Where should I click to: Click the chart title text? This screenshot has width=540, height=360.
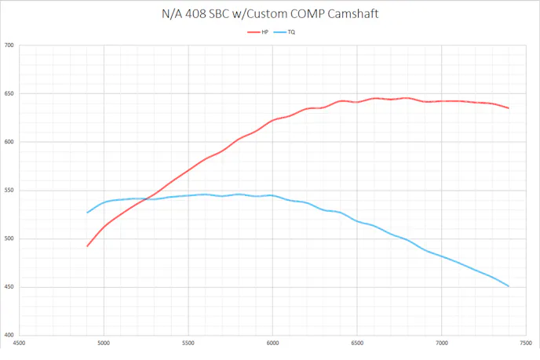coord(269,14)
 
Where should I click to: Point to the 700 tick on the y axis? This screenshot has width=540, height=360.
coord(9,45)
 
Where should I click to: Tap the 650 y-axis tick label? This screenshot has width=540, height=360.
coord(9,94)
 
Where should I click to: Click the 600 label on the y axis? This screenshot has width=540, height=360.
coord(9,142)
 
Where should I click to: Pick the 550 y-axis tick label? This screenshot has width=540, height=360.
coord(9,191)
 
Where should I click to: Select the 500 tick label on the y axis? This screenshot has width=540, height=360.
coord(9,239)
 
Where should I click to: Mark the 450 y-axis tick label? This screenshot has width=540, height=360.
coord(9,287)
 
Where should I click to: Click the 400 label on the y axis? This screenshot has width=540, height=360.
coord(9,336)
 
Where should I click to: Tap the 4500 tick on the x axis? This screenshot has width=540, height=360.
coord(19,344)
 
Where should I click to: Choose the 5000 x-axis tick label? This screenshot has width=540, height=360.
coord(104,344)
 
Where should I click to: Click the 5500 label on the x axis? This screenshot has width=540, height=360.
coord(188,344)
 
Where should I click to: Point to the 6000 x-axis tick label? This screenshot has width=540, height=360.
coord(272,344)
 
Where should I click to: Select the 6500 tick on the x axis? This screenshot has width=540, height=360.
coord(356,344)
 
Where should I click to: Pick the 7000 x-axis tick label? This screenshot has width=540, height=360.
coord(441,344)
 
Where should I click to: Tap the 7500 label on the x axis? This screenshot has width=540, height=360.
coord(525,344)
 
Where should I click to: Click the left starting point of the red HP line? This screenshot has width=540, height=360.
coord(87,246)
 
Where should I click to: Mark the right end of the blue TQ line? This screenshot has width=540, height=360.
coord(509,286)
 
